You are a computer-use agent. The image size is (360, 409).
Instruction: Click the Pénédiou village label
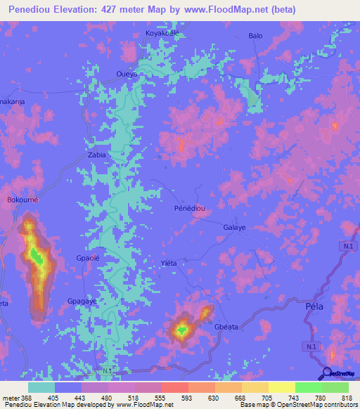pyautogui.click(x=188, y=209)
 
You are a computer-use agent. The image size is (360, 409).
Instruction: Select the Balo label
pyautogui.click(x=255, y=35)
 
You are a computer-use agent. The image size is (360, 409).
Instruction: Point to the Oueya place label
pyautogui.click(x=126, y=73)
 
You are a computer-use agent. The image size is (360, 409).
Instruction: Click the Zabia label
pyautogui.click(x=96, y=155)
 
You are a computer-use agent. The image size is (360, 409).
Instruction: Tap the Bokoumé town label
pyautogui.click(x=22, y=200)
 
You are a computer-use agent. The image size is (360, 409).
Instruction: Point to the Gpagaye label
pyautogui.click(x=82, y=301)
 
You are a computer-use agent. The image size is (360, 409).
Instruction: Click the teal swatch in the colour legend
pyautogui.click(x=41, y=387)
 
